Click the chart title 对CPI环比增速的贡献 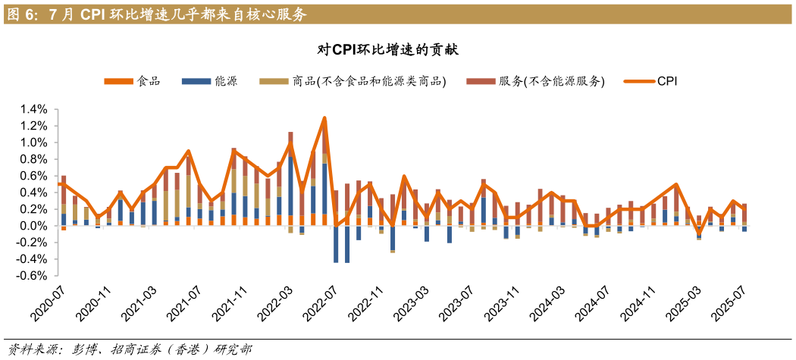(x=387, y=50)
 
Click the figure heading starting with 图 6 (x=156, y=14)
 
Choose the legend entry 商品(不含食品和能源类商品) (x=353, y=81)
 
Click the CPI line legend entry (x=651, y=81)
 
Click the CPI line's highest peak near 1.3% (x=325, y=117)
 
